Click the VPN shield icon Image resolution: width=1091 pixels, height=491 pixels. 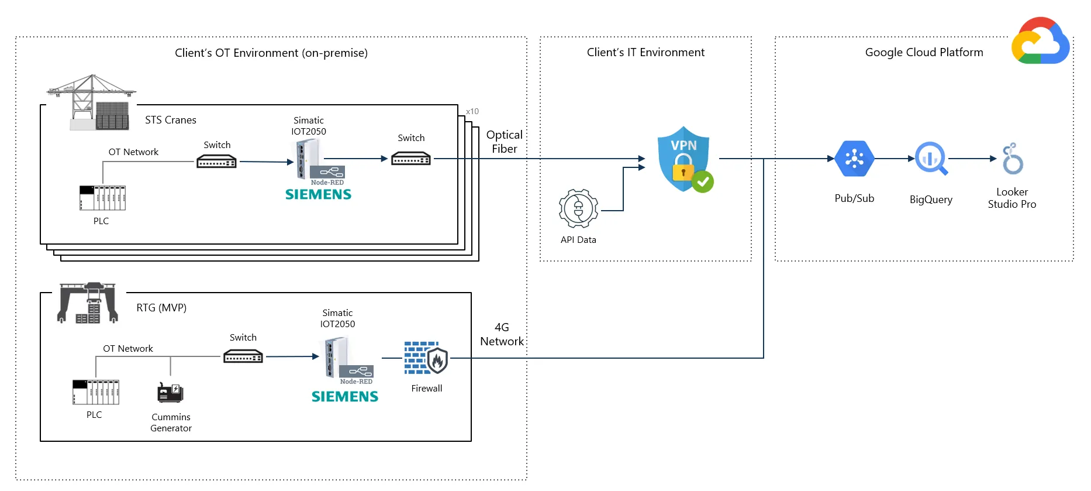coord(683,159)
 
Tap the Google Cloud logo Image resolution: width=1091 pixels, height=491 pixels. coord(1041,42)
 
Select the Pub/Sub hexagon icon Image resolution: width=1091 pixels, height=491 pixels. coord(854,159)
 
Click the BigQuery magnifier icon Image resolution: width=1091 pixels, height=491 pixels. coord(930,159)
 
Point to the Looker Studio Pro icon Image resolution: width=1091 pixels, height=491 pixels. coord(1013,159)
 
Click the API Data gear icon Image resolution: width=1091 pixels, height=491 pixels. coord(578,209)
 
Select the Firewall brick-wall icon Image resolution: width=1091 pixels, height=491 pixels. coord(426,358)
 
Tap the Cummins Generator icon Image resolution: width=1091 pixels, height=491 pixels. coord(170,392)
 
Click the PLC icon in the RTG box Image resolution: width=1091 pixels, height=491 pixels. coord(96,392)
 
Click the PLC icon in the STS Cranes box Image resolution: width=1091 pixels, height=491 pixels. coord(102,198)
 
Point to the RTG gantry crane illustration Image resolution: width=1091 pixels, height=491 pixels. coord(88,303)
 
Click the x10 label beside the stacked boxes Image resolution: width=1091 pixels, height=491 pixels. coord(472,111)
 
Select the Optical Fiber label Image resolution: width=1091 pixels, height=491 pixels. coord(504,142)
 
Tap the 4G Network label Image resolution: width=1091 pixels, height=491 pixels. coord(502,334)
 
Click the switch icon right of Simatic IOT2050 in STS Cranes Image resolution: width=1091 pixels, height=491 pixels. coord(410,159)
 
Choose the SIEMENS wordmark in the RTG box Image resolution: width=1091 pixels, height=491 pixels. coord(344,397)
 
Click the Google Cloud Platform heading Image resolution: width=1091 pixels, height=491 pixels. coord(924,52)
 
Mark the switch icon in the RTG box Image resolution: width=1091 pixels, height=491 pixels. coord(243,356)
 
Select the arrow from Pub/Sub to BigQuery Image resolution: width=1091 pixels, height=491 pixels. coord(895,159)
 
